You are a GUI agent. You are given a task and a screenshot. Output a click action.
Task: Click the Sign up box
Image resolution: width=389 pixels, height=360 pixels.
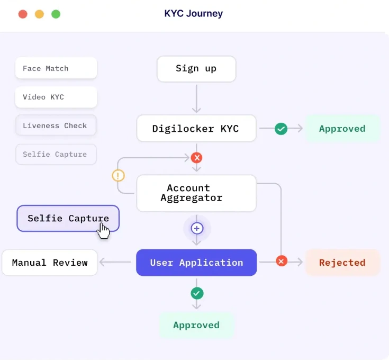(196, 69)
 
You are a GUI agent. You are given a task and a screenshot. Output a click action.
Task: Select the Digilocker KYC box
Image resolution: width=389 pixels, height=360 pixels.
(196, 129)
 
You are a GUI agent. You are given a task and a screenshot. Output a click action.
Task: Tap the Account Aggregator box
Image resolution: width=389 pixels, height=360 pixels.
(196, 193)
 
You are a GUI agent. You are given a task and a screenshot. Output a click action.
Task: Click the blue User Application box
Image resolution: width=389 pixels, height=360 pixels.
(196, 263)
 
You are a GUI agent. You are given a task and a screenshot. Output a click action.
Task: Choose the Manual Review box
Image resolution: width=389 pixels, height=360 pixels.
(50, 263)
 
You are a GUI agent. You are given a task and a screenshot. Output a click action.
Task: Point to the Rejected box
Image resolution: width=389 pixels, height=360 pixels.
(342, 263)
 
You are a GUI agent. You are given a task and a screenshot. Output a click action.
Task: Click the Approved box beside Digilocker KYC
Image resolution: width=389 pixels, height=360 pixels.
(342, 129)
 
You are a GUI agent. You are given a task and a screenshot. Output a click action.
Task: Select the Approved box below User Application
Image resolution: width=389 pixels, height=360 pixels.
(196, 325)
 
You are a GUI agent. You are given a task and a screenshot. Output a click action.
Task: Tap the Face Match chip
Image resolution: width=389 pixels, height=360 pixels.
(56, 68)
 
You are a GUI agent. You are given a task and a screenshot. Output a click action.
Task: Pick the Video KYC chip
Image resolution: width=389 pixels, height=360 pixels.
(56, 97)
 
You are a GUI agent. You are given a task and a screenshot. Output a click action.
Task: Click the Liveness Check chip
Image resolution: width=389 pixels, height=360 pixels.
(56, 126)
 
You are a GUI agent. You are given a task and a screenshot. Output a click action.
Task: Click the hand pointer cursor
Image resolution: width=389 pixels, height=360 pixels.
(104, 230)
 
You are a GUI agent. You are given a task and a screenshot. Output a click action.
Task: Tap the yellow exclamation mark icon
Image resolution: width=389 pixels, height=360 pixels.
(118, 176)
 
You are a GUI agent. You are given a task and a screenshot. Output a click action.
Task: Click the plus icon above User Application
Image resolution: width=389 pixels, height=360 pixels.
(197, 228)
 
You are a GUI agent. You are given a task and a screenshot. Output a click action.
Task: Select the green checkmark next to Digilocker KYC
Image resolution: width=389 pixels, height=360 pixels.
(281, 129)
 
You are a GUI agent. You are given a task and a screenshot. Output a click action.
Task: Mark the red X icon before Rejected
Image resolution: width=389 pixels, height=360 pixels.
(282, 261)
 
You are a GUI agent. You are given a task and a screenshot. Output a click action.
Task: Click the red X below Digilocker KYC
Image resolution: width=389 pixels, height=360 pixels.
(197, 157)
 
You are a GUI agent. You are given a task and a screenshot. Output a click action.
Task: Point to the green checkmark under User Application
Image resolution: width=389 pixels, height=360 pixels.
(197, 293)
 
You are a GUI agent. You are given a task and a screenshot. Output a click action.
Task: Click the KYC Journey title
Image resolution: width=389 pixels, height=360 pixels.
(194, 14)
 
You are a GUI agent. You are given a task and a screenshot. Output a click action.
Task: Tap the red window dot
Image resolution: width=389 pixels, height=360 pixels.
(23, 14)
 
